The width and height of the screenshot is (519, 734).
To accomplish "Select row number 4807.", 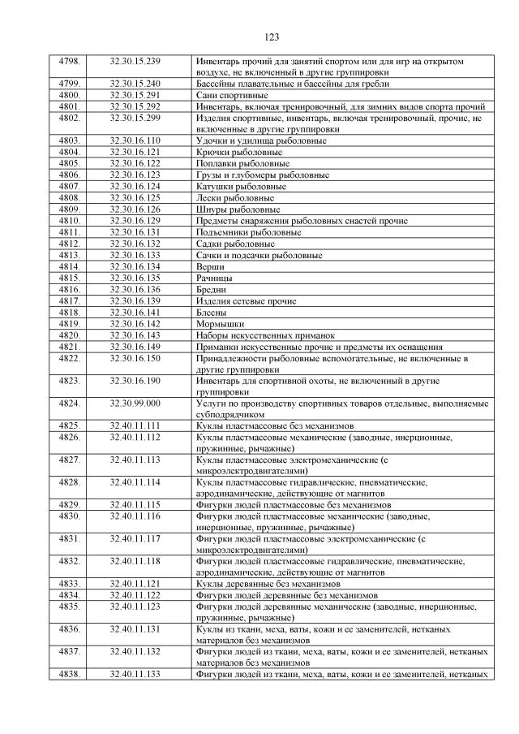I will [70, 186].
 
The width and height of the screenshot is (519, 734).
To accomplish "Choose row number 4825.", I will [70, 425].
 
